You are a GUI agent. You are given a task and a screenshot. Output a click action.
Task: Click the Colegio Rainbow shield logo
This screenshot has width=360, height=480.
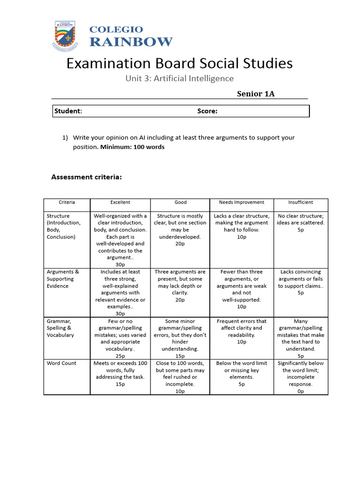tap(66, 35)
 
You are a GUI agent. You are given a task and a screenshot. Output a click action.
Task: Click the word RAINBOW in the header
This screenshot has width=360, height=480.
tap(131, 42)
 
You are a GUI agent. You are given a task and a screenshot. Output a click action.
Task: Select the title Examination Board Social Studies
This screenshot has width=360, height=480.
tap(180, 63)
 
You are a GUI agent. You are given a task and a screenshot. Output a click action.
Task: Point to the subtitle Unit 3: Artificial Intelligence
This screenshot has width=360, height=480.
tap(179, 78)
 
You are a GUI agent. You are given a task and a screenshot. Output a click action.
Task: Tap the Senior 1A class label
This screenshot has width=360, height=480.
tap(255, 93)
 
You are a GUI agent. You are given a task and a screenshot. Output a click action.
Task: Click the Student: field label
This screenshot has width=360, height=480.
tap(68, 111)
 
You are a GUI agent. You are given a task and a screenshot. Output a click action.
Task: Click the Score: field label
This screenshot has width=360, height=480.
tap(207, 111)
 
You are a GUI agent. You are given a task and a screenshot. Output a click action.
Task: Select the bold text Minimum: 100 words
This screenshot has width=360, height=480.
tap(132, 147)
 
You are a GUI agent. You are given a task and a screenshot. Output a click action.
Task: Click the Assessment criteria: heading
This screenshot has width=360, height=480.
tap(86, 177)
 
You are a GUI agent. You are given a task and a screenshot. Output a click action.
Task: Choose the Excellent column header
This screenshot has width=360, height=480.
tap(120, 202)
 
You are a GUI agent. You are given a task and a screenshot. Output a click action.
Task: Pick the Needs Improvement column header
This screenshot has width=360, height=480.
tap(241, 202)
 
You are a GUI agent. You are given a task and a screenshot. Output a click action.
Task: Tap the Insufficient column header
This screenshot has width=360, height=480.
tap(300, 202)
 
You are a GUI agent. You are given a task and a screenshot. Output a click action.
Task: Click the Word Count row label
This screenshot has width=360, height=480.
tap(61, 363)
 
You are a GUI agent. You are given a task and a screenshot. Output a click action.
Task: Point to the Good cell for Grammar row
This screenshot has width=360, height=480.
tap(180, 335)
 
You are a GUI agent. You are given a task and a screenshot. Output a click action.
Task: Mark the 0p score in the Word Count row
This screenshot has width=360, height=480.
tap(300, 391)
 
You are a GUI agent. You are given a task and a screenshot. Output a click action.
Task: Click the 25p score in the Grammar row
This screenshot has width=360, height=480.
tap(120, 356)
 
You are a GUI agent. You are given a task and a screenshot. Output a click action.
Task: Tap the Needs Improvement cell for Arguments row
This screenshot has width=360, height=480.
tap(241, 289)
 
